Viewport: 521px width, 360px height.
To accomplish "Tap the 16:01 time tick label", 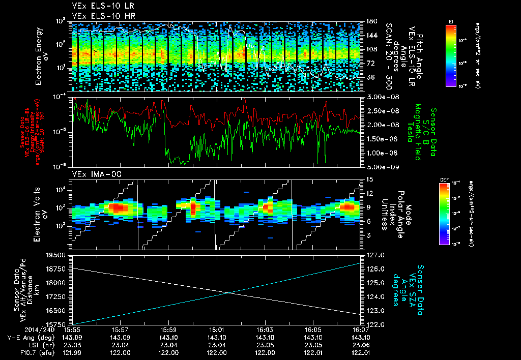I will click(216, 329).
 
